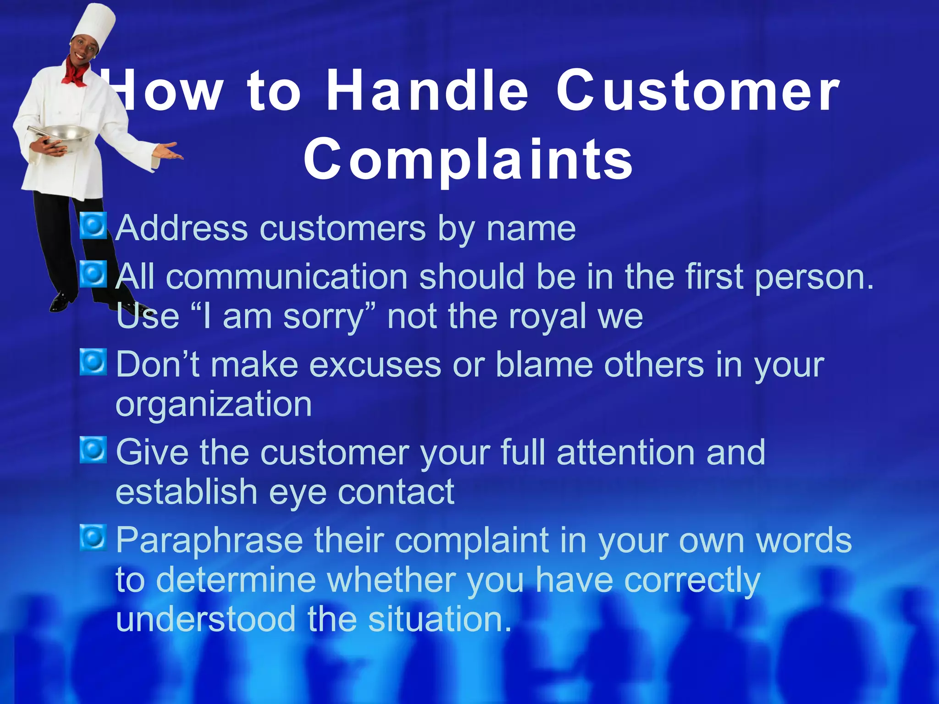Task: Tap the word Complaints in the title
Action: (x=469, y=159)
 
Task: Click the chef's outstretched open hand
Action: (x=167, y=152)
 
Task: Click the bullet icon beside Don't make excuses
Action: (x=93, y=362)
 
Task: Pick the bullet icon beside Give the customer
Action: (x=93, y=450)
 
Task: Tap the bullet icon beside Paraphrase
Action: (x=93, y=538)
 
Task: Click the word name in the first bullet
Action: (x=530, y=229)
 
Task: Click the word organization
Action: (x=214, y=405)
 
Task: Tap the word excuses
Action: (x=375, y=366)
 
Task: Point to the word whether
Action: (x=391, y=580)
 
